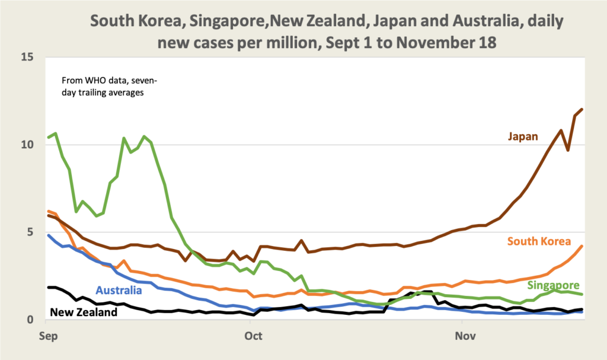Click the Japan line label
tap(522, 137)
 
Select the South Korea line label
tap(538, 241)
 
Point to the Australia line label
tap(119, 291)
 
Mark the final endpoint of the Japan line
tap(582, 109)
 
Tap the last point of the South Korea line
tap(582, 246)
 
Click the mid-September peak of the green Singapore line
tap(144, 136)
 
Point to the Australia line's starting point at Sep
tap(48, 235)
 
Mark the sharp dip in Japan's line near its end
tap(568, 150)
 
